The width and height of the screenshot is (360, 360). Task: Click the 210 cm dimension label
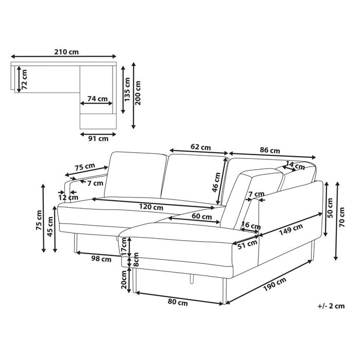[66, 52]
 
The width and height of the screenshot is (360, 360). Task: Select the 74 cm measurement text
[98, 99]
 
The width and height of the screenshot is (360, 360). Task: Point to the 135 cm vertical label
[127, 89]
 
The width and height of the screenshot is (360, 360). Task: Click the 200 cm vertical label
[138, 93]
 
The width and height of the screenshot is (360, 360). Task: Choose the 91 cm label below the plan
[98, 139]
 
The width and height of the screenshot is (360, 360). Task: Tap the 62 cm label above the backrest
[201, 147]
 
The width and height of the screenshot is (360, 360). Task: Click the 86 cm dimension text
[270, 151]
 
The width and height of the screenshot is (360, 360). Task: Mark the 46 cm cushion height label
[216, 183]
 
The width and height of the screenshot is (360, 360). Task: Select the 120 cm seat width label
[151, 207]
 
